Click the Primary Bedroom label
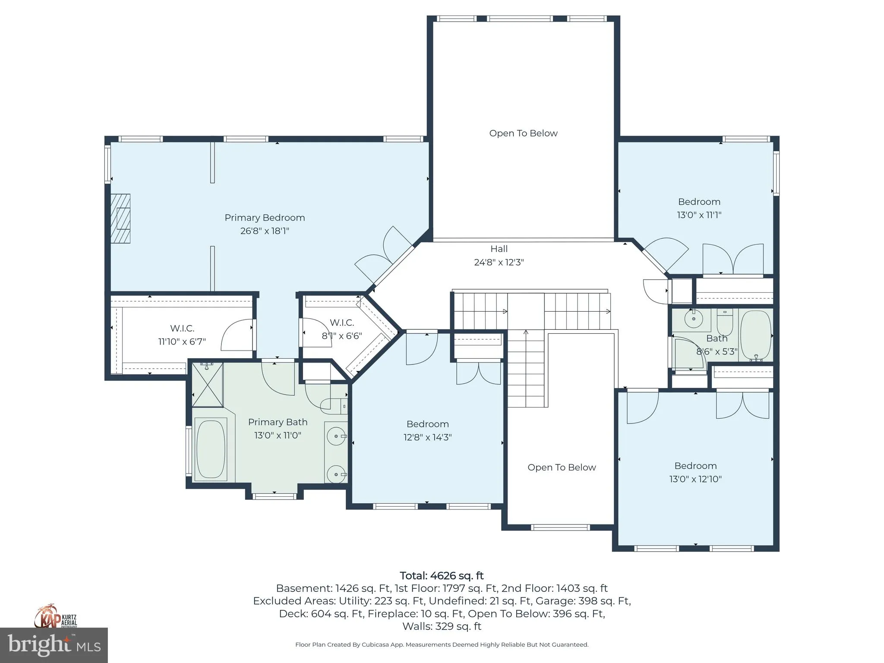(x=265, y=218)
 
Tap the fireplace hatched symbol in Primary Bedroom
(x=120, y=218)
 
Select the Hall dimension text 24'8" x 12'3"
(x=499, y=262)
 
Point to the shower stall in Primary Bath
(x=207, y=385)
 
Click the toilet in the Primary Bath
(x=334, y=405)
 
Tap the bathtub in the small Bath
(x=756, y=336)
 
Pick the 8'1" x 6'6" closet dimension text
(x=342, y=336)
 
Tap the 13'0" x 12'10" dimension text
(x=695, y=479)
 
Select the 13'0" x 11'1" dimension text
(x=699, y=215)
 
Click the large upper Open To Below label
(x=523, y=133)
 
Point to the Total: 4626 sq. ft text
(x=442, y=576)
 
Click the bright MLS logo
(x=54, y=645)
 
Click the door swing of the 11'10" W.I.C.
(x=237, y=336)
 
